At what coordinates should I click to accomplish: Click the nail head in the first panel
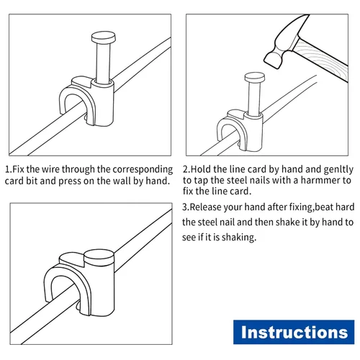(104, 37)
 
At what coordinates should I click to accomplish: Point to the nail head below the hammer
(255, 77)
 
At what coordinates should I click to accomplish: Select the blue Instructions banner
(294, 332)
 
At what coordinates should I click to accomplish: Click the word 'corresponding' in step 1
(143, 170)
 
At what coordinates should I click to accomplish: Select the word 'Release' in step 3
(205, 207)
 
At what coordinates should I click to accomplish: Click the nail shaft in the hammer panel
(254, 98)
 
